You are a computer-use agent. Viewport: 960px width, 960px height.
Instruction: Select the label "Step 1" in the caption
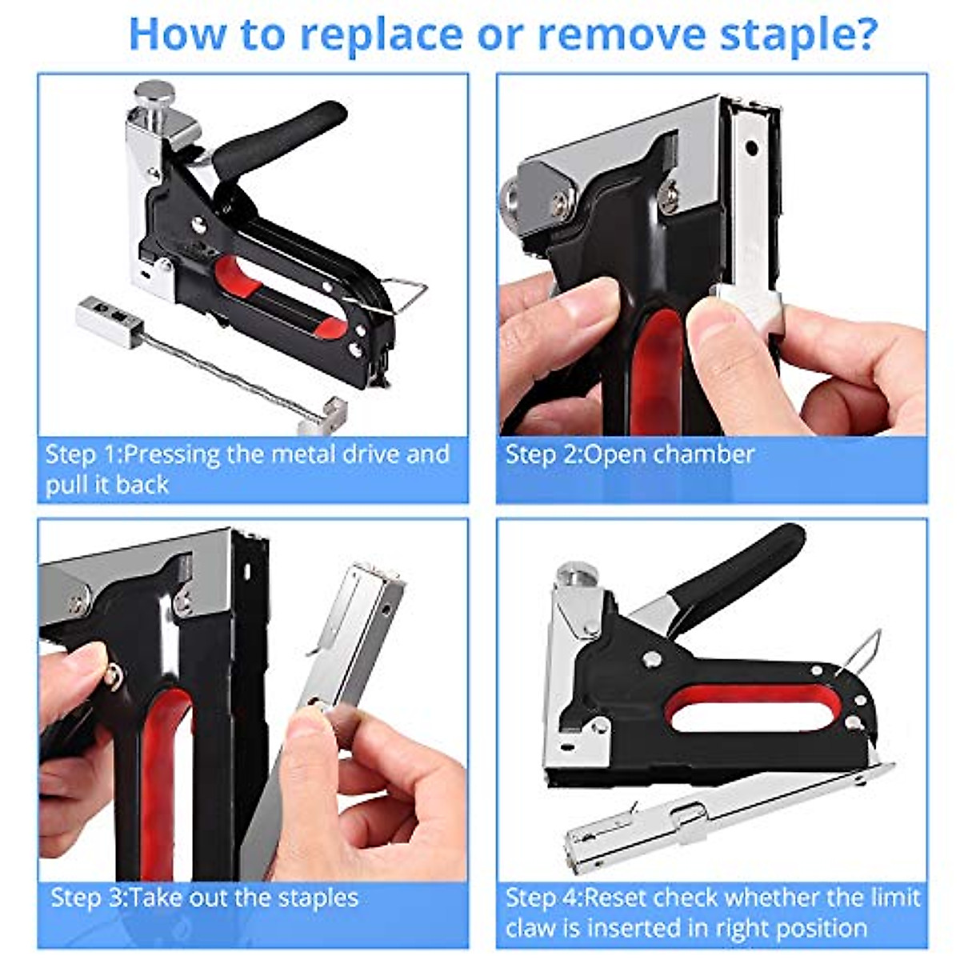[x=81, y=454]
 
